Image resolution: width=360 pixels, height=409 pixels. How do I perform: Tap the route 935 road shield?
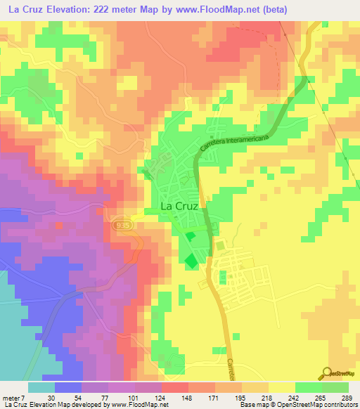pos(119,222)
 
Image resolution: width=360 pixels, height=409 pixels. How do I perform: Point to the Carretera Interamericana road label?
pos(234,143)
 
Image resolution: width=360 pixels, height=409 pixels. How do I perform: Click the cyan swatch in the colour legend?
pos(41,387)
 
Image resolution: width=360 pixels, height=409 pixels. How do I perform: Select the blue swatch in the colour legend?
pos(68,387)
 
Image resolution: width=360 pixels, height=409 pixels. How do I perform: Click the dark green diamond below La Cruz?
pos(191,261)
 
